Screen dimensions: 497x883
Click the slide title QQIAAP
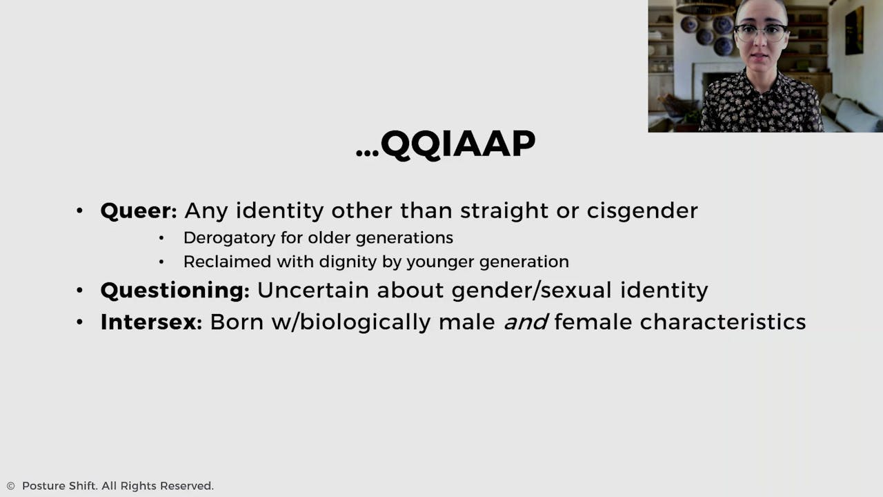pyautogui.click(x=457, y=145)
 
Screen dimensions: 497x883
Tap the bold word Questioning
pyautogui.click(x=175, y=291)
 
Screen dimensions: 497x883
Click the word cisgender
pyautogui.click(x=642, y=211)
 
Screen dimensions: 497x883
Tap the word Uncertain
pyautogui.click(x=313, y=291)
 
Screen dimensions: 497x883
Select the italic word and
pyautogui.click(x=526, y=322)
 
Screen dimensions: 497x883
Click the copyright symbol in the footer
pyautogui.click(x=10, y=487)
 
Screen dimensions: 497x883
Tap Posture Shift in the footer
pyautogui.click(x=59, y=487)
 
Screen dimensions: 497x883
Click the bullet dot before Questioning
pyautogui.click(x=80, y=291)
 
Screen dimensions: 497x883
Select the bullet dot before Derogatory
pyautogui.click(x=161, y=239)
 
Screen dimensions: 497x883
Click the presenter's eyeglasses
pyautogui.click(x=760, y=31)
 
